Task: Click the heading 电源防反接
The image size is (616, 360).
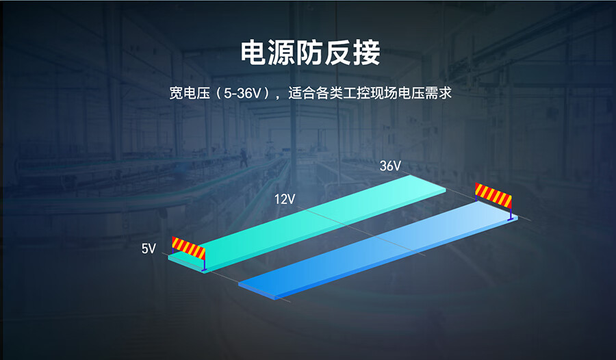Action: (310, 53)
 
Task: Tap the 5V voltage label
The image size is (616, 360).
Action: (149, 249)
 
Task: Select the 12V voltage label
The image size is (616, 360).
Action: (284, 200)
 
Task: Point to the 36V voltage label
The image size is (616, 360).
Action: (389, 166)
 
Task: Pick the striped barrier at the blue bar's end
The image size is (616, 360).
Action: (493, 195)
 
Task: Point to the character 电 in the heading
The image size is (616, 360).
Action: (255, 53)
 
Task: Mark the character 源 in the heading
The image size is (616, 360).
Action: (283, 53)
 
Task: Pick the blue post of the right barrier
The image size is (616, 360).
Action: (511, 213)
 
